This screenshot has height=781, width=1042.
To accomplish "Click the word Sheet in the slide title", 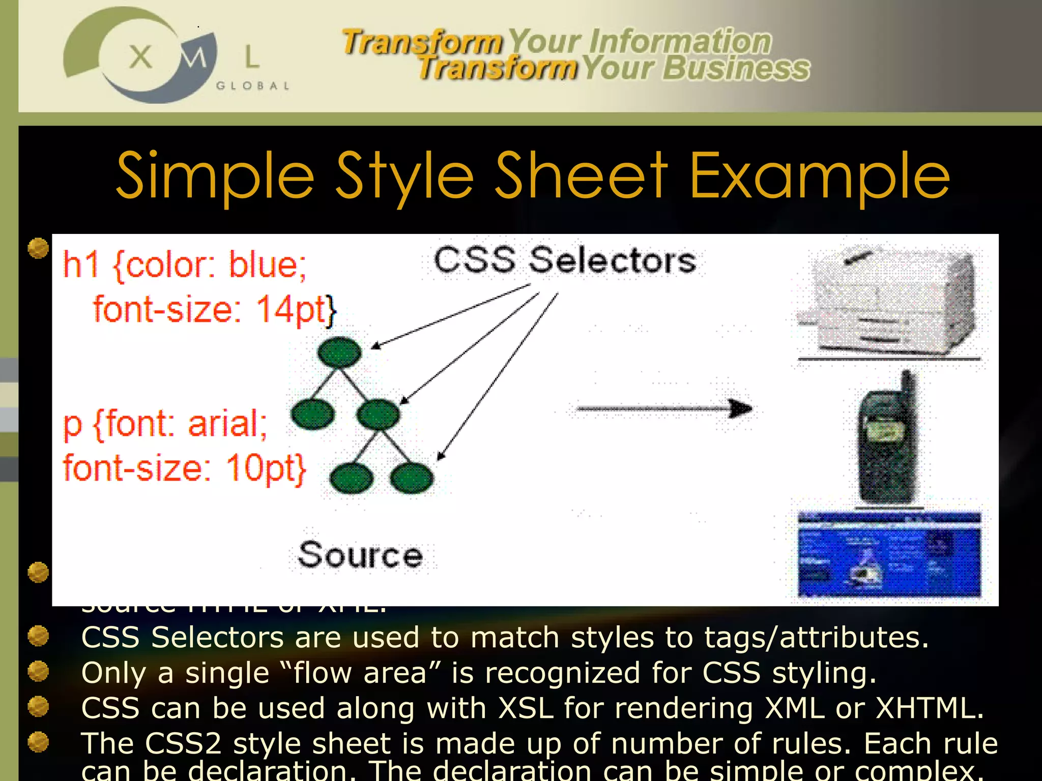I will point(581,175).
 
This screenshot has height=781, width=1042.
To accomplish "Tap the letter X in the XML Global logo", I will point(140,56).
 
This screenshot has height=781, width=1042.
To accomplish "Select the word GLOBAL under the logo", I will point(253,86).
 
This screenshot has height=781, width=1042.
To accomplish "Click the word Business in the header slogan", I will point(736,69).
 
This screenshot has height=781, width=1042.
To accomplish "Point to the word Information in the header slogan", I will point(680,42).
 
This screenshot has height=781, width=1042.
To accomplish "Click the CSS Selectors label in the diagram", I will point(564,260).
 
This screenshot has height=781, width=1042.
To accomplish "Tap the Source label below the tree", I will point(360,555).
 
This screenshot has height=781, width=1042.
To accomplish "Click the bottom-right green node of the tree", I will point(412,478).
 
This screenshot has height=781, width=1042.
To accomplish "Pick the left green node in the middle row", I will point(312,414).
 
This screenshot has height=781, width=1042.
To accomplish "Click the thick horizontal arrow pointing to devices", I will point(664,408).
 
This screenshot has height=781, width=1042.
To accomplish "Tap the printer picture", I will point(888,304).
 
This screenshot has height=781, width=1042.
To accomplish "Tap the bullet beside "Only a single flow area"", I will point(38,671).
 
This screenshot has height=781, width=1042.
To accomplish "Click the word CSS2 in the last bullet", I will point(183,743).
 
